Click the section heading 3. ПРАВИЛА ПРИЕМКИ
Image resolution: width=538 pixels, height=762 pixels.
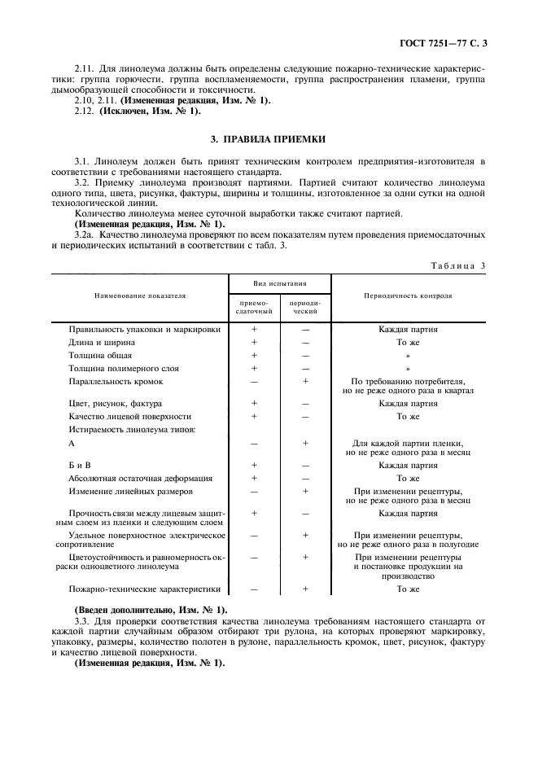click(x=269, y=140)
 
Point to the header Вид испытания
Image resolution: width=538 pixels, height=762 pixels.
click(x=279, y=284)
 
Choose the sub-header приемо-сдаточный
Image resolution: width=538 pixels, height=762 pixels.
click(x=254, y=307)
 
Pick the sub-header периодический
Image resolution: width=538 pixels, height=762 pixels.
click(x=305, y=307)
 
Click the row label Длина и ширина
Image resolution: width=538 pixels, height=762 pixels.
click(x=103, y=343)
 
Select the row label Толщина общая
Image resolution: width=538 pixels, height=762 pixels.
click(x=100, y=356)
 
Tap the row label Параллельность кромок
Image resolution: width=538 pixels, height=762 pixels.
click(x=116, y=381)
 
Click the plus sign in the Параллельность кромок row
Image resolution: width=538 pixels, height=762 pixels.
click(x=305, y=381)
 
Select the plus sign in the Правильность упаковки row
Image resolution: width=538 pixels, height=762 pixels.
click(x=254, y=330)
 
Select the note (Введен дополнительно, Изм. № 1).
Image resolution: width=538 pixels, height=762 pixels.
click(x=151, y=610)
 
